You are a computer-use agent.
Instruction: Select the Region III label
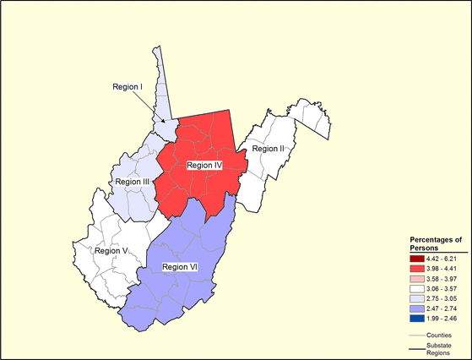pyautogui.click(x=132, y=182)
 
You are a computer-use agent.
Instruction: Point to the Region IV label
pyautogui.click(x=203, y=166)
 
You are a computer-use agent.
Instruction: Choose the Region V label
pyautogui.click(x=111, y=250)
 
